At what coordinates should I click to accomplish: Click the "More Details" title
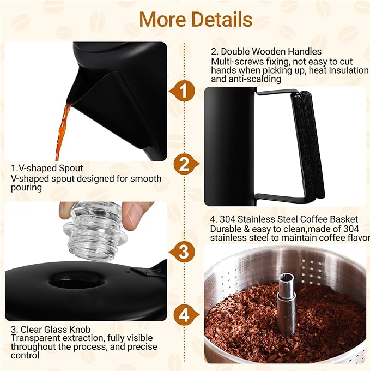[x=195, y=20]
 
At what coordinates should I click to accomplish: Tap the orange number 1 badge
[x=185, y=92]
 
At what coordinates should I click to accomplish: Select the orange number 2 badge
[x=185, y=164]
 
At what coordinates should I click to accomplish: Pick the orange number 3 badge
[x=185, y=252]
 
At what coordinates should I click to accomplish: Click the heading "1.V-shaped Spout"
[x=47, y=168]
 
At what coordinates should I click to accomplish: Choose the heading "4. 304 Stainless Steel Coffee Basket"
[x=284, y=219]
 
